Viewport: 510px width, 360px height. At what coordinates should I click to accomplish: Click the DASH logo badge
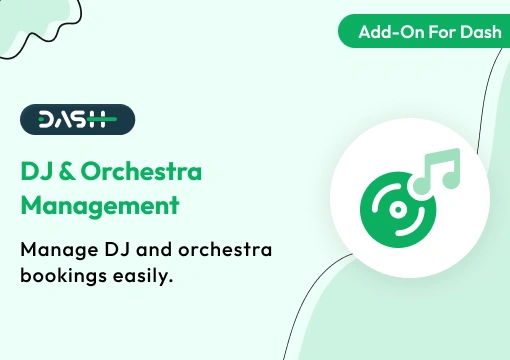pos(77,120)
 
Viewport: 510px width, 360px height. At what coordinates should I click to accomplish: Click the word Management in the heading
pos(100,207)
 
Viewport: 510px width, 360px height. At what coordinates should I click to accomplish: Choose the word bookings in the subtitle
pos(63,275)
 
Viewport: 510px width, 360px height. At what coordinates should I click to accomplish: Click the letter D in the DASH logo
pos(46,120)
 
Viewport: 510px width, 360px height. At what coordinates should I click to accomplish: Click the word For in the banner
pos(436,31)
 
